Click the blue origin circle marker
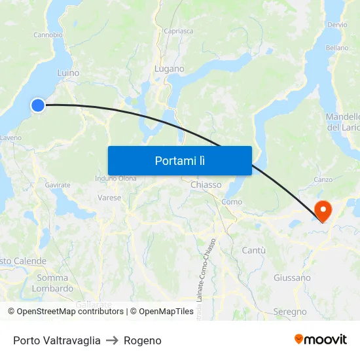point(38,105)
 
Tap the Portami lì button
point(179,160)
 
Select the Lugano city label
point(169,69)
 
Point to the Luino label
point(68,73)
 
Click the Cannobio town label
point(48,35)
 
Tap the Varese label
point(109,197)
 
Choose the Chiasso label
point(206,185)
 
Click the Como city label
point(232,202)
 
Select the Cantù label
point(253,250)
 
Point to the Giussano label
point(292,278)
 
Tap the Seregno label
point(290,312)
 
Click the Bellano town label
point(337,48)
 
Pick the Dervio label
point(338,25)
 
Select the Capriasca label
point(179,31)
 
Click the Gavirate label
point(58,185)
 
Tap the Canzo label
point(323,179)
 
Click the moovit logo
point(320,340)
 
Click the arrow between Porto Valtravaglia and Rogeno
point(112,340)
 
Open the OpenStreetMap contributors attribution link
point(69,312)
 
